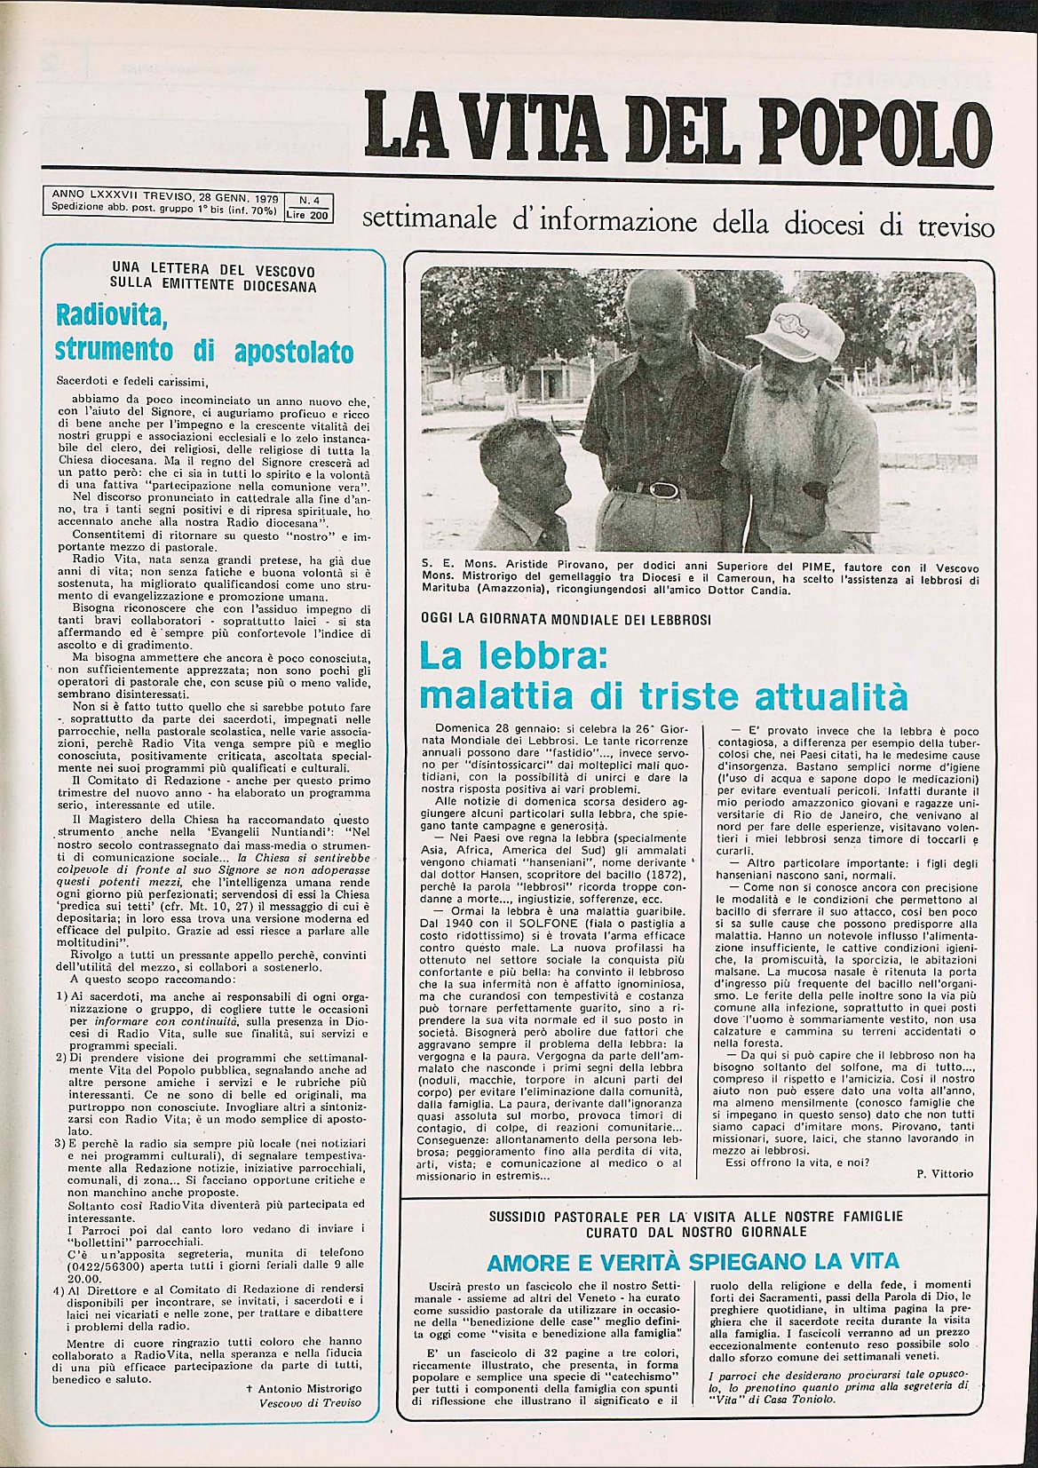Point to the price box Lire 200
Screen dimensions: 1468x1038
tap(308, 213)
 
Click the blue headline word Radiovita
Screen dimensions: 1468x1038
tap(112, 316)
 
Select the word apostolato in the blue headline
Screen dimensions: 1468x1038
tap(293, 351)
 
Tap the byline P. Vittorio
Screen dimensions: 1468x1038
tap(945, 1173)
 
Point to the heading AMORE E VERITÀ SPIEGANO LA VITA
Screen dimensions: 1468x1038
tap(693, 1261)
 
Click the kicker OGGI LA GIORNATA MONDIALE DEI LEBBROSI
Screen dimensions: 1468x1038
tap(566, 619)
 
